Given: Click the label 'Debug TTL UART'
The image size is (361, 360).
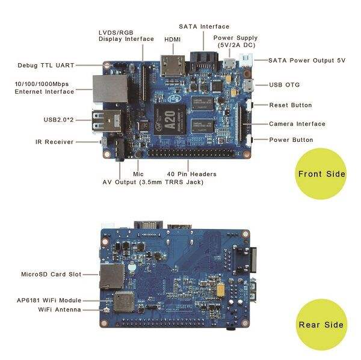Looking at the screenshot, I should [46, 64].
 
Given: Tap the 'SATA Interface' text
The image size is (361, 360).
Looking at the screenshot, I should [204, 26].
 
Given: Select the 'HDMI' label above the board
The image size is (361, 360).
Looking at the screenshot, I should [173, 39].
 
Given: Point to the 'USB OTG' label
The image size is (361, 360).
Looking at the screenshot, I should [285, 85].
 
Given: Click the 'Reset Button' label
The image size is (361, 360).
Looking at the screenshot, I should [290, 105].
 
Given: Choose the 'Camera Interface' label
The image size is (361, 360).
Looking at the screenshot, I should [297, 124].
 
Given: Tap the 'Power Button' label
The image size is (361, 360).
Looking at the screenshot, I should [291, 140].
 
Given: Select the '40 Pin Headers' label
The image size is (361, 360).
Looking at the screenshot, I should [192, 174].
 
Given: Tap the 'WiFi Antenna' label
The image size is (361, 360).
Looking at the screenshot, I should [60, 310].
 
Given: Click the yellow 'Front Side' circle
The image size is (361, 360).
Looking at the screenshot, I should [322, 174].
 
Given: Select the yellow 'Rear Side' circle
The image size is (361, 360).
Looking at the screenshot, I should [322, 325].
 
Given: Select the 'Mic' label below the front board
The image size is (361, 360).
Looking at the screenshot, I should [138, 174].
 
